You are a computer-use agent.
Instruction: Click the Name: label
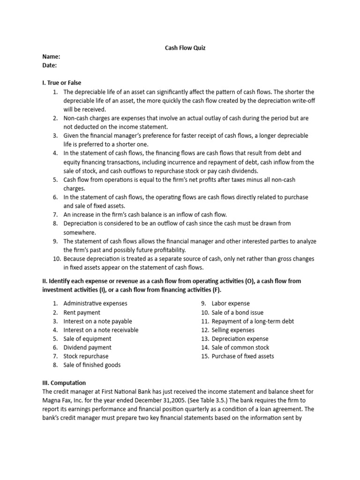click(51, 57)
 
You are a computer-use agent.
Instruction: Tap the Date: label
click(50, 65)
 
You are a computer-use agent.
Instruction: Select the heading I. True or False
click(61, 83)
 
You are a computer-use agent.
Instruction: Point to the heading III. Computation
click(64, 382)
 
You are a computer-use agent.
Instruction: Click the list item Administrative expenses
click(95, 303)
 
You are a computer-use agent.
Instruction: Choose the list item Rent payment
click(82, 312)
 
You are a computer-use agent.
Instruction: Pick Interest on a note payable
click(97, 321)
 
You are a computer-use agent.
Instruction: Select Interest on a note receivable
click(101, 330)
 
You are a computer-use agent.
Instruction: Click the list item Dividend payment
click(87, 347)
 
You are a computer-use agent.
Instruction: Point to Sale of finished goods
click(91, 365)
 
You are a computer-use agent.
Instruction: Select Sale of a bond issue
click(238, 312)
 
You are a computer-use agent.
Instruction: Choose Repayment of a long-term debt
click(253, 321)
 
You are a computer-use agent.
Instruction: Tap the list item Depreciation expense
click(240, 338)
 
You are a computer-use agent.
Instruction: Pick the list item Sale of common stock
click(240, 347)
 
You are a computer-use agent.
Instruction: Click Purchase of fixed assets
click(243, 356)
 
